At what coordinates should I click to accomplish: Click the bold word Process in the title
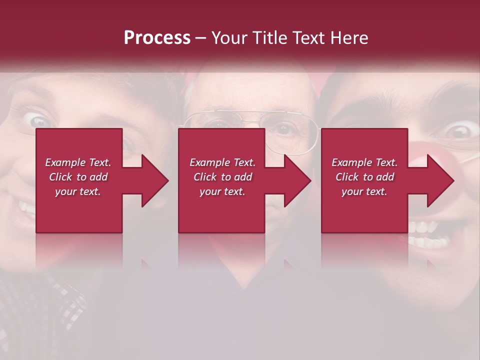(x=157, y=37)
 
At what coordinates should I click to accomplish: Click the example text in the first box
(x=78, y=177)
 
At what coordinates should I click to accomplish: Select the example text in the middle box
(x=222, y=177)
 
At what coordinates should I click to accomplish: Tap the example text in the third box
(x=364, y=177)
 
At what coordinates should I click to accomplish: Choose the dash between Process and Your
(x=200, y=38)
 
